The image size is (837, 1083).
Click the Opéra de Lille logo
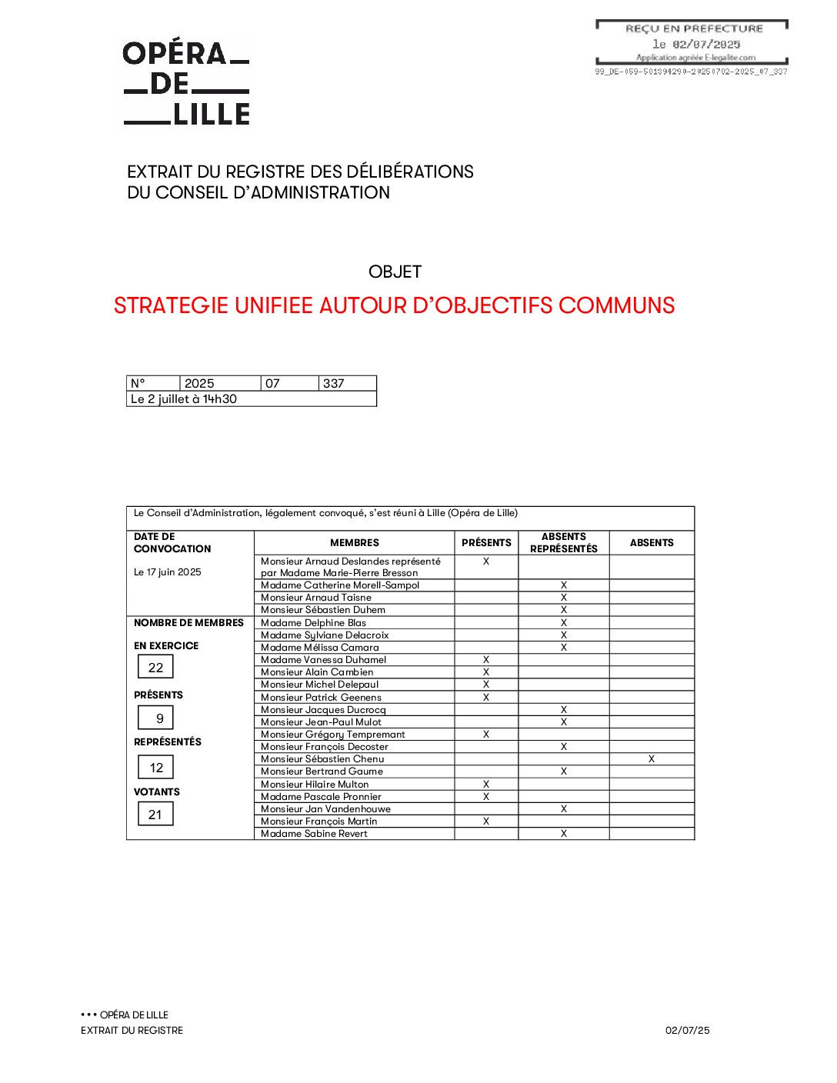point(187,83)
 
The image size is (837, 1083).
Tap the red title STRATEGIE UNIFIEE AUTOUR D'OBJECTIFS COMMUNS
point(394,306)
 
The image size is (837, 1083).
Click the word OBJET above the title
point(395,272)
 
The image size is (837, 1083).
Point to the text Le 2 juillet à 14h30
point(184,399)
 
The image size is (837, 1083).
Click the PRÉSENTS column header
point(486,542)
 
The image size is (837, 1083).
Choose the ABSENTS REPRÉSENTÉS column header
point(564,542)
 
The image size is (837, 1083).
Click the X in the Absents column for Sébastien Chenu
point(652,759)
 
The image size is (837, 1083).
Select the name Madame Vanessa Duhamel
point(323,660)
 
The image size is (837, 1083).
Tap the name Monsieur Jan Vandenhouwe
point(325,809)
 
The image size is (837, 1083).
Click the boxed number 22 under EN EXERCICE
point(155,668)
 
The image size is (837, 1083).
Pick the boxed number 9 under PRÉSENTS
point(159,718)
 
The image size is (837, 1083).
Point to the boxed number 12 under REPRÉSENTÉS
point(156,768)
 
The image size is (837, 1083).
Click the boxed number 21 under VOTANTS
point(155,815)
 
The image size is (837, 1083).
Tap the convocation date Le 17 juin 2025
point(168,572)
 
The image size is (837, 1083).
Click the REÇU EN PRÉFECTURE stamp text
point(694,29)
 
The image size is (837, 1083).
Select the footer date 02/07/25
point(687,1031)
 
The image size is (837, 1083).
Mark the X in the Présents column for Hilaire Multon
point(486,785)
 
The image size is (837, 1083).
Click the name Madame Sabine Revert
point(314,834)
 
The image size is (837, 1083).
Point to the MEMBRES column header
point(355,542)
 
